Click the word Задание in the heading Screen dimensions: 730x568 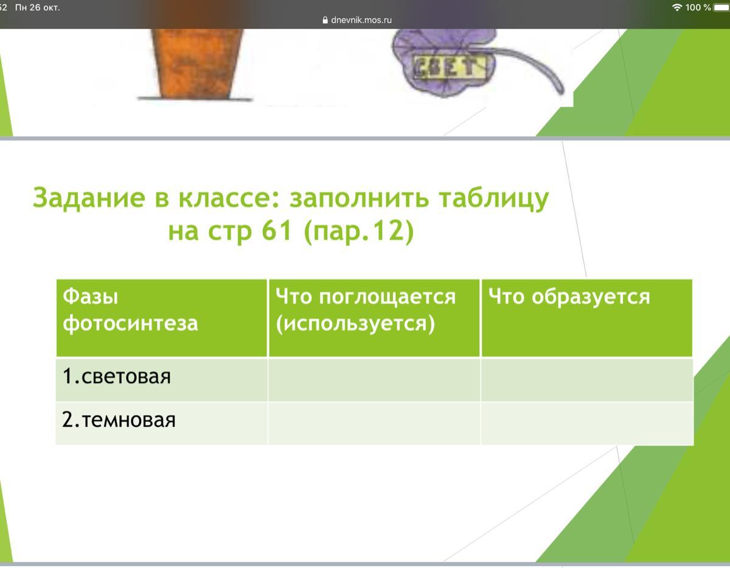pos(89,198)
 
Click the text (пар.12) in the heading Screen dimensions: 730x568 pos(359,232)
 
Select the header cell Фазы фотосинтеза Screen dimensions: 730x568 pos(162,317)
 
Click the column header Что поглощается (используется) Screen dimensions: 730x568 pos(374,317)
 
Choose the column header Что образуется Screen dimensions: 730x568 pos(587,317)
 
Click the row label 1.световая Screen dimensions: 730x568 pos(117,376)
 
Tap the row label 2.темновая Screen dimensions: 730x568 pos(119,420)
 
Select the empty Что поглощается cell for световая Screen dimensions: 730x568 pos(374,379)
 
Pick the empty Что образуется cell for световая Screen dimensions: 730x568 pos(587,379)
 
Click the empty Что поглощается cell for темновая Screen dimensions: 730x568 pos(374,423)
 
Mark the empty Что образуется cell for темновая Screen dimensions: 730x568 pos(587,423)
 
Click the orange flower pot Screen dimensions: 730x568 pos(196,64)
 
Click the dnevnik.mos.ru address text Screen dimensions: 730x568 pos(361,20)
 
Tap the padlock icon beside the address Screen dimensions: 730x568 pos(325,20)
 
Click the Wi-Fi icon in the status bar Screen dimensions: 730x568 pos(676,7)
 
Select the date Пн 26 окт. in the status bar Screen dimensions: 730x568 pos(37,7)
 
